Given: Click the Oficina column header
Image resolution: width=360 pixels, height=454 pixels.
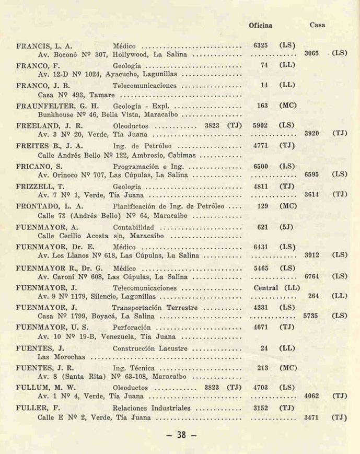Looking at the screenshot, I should (260, 25).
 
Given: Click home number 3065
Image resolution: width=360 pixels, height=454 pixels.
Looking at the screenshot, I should (312, 53).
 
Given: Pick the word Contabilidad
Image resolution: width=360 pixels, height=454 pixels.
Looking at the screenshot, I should (133, 227).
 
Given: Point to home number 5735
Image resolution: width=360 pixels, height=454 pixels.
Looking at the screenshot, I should (312, 316).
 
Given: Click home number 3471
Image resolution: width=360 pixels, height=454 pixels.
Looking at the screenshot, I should (312, 418).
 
